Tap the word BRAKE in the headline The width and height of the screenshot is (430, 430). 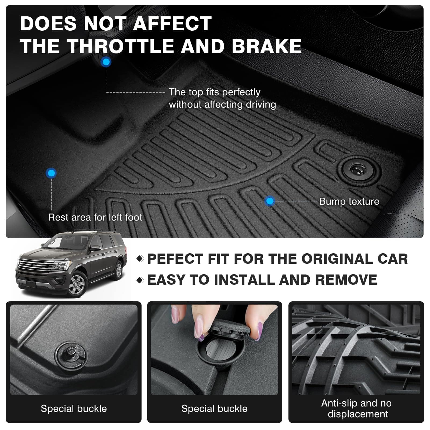point(266,46)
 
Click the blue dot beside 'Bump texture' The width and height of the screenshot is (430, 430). point(269,201)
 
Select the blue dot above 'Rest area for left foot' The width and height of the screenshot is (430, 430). point(51,173)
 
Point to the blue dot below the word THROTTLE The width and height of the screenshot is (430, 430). point(106,62)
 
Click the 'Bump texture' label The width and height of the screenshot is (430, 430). point(349,201)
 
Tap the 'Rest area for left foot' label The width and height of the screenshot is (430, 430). point(95,217)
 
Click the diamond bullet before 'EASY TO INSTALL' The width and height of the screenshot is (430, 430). point(140,280)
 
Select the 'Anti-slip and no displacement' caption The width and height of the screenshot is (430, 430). point(357,409)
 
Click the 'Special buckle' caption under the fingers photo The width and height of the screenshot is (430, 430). point(214,409)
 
